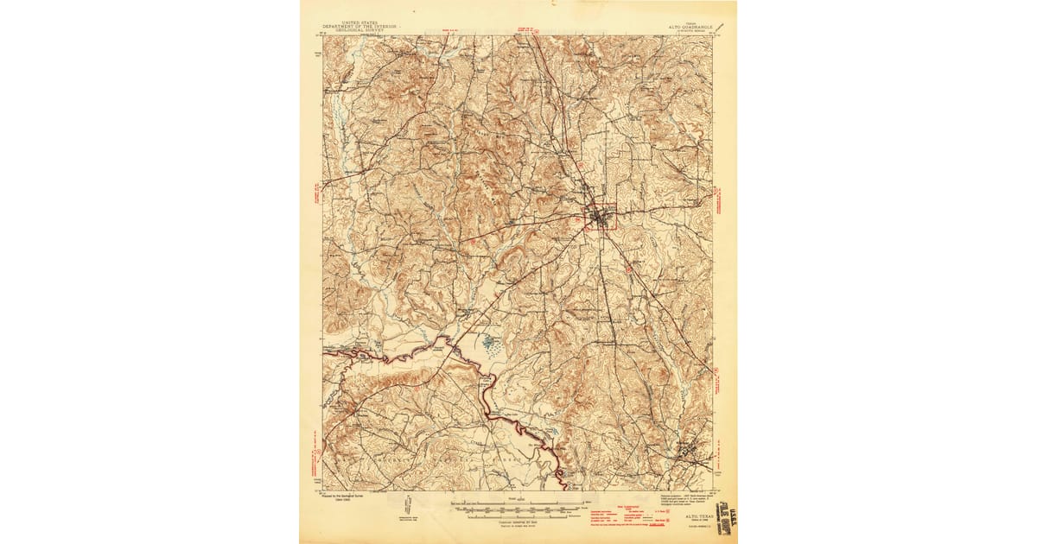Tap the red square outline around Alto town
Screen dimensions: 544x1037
pyautogui.click(x=601, y=216)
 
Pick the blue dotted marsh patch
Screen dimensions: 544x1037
pyautogui.click(x=492, y=345)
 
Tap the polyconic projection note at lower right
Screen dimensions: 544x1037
pyautogui.click(x=683, y=497)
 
